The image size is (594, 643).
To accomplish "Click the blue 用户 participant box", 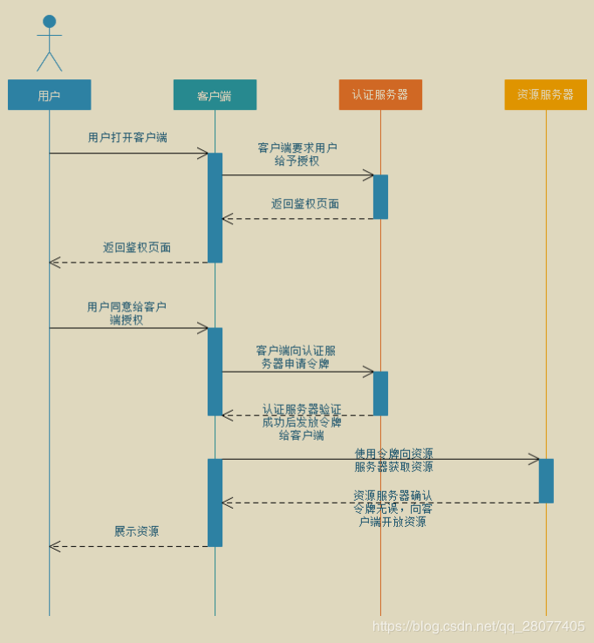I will click(49, 95).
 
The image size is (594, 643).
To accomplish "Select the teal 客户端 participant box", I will click(215, 95).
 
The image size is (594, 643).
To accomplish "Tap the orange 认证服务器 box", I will click(380, 95).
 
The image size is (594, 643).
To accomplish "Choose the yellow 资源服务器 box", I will click(546, 95).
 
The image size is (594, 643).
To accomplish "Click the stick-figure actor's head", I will click(49, 21).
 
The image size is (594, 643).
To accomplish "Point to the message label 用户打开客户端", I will click(127, 138).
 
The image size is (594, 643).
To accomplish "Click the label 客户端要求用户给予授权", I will click(297, 154).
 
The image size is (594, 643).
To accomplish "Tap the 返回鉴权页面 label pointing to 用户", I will click(137, 248).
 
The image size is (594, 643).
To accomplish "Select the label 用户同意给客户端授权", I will click(126, 313).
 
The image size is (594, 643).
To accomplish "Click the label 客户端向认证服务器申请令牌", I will click(296, 357).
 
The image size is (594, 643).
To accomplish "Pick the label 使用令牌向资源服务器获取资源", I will click(393, 460).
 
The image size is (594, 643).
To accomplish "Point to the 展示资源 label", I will click(136, 531).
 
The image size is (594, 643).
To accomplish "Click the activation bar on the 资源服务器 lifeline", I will click(546, 481).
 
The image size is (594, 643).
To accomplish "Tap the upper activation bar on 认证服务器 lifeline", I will click(380, 196).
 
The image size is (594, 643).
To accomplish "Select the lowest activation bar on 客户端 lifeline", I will click(215, 503).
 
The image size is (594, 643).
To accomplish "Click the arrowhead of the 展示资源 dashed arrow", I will click(53, 546).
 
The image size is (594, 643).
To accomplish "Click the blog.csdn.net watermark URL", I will click(478, 626).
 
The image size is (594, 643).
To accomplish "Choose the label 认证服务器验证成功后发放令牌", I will click(301, 422).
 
